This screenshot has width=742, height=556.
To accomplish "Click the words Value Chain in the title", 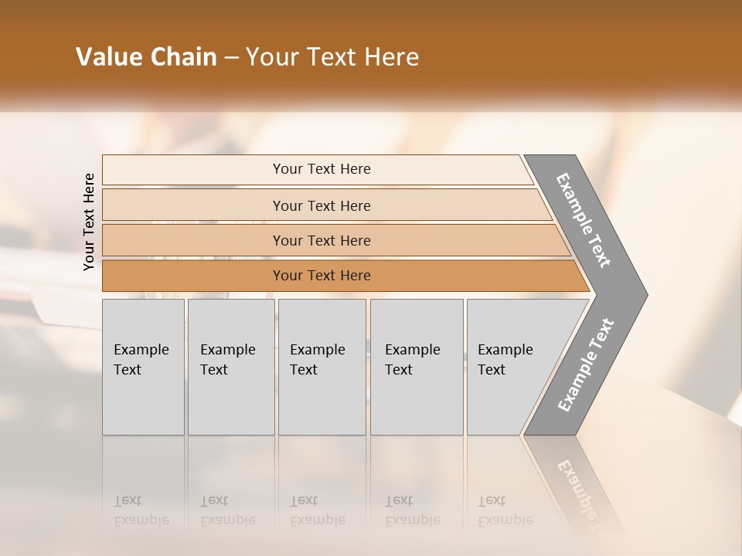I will click(x=146, y=57).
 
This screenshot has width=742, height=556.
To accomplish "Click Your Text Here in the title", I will click(x=332, y=57).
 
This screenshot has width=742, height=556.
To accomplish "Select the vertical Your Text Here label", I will click(x=89, y=222).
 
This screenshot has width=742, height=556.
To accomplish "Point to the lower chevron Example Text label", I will click(x=586, y=365).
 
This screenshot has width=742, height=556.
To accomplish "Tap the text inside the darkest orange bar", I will click(x=322, y=276).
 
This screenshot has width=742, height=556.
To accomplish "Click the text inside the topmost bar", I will click(x=322, y=169).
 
